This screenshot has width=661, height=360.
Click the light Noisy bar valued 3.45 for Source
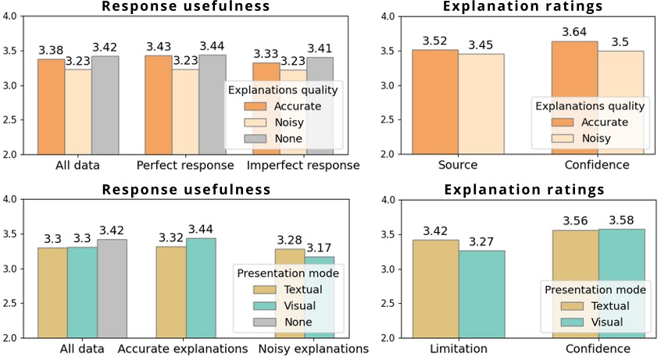coord(481,104)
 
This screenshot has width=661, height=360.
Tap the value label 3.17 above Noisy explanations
coord(320,247)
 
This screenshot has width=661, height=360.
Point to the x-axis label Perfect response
coord(184,166)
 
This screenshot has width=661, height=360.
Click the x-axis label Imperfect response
coord(303,166)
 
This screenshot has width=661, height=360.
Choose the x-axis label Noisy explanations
coord(313,348)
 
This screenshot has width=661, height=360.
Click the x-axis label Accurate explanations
coord(183,348)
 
